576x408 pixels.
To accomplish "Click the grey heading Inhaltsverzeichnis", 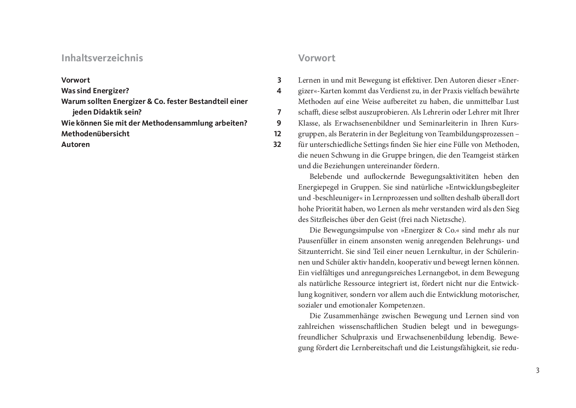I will click(102, 58).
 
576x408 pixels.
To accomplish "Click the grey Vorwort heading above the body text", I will click(316, 58).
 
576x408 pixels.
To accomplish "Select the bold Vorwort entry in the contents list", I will click(76, 80).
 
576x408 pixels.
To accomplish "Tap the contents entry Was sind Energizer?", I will click(95, 91).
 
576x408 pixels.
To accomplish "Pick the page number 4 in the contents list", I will click(279, 91).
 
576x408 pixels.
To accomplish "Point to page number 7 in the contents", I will click(279, 112).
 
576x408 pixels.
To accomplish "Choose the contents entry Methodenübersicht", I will click(95, 134).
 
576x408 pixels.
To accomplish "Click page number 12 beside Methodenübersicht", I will click(278, 134).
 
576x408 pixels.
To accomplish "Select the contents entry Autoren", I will click(76, 144).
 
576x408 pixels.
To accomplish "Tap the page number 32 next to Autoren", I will click(277, 144).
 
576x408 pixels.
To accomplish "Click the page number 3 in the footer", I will click(537, 370).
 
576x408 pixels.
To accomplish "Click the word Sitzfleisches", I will click(330, 219).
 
